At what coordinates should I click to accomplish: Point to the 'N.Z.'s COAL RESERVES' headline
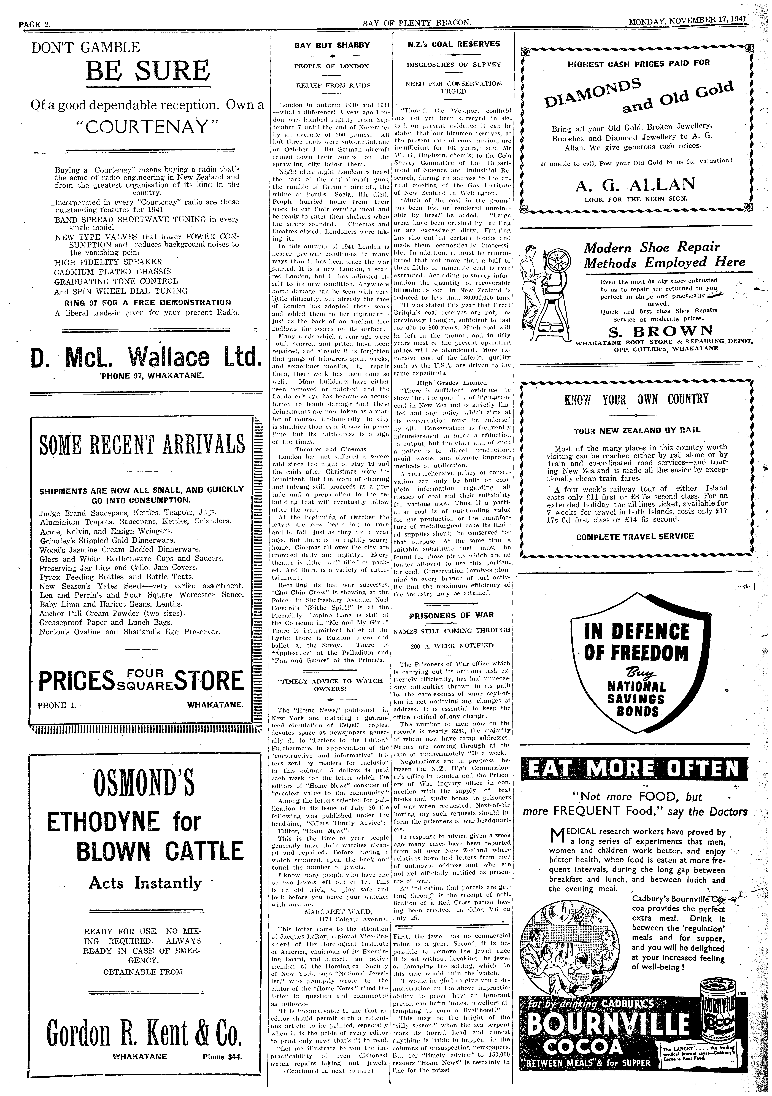453,44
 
